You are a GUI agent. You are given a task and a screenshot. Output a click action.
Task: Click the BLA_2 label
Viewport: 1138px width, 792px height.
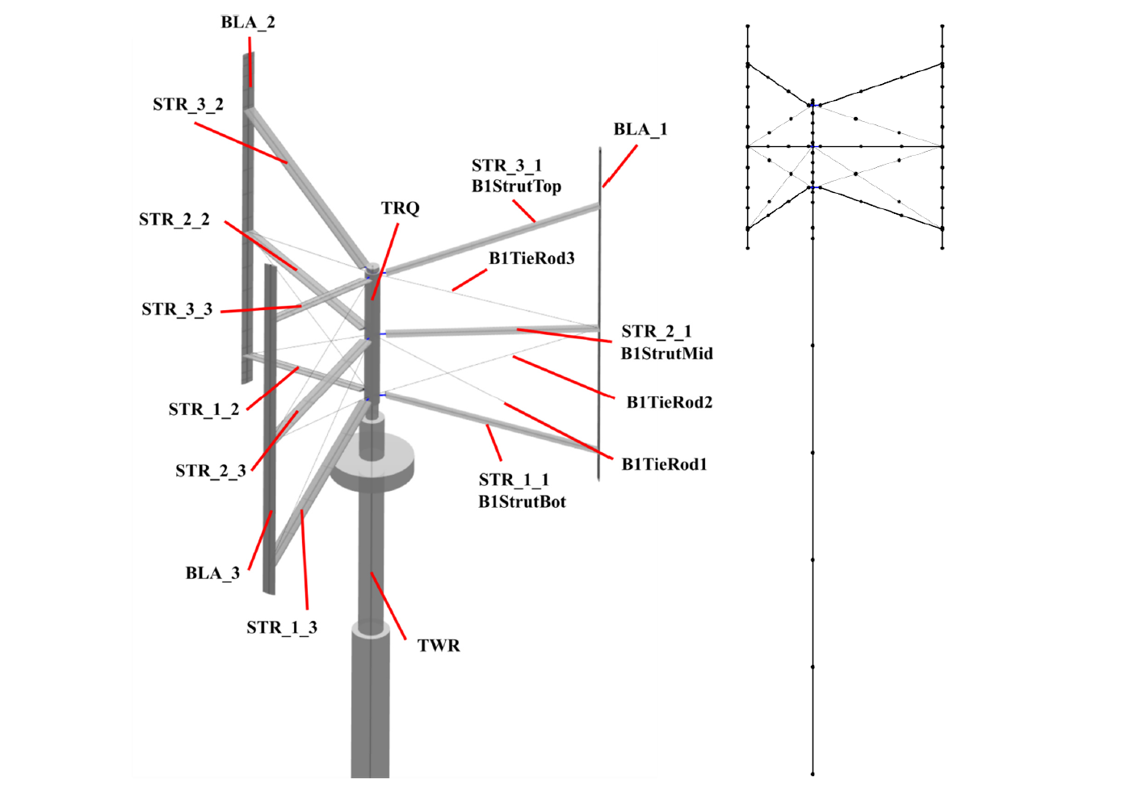click(248, 23)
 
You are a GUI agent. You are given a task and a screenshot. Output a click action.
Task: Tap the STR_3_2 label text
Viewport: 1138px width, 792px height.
click(188, 105)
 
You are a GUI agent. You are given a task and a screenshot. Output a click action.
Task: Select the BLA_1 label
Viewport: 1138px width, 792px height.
click(640, 130)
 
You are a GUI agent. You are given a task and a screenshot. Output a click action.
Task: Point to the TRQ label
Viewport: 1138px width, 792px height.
click(400, 208)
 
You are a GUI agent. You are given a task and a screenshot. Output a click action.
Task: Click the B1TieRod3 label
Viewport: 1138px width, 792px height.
click(531, 258)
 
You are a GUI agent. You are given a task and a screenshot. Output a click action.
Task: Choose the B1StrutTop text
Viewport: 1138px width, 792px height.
click(516, 186)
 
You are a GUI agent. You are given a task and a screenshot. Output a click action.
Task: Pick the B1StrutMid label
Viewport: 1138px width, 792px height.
click(666, 354)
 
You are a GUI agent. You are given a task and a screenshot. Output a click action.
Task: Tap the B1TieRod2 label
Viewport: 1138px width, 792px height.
click(669, 402)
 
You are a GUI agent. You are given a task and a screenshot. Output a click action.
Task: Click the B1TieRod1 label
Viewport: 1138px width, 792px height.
click(664, 464)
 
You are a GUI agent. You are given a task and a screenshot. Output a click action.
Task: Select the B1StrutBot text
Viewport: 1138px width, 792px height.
click(522, 502)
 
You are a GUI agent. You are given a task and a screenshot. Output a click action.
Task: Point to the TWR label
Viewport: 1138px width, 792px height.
click(439, 646)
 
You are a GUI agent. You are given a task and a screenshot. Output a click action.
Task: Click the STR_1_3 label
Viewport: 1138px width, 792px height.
click(282, 628)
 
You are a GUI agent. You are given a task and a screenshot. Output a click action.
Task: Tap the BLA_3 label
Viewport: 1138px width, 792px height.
click(212, 573)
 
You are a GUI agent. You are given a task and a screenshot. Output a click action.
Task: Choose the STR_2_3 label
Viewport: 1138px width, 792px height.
click(211, 471)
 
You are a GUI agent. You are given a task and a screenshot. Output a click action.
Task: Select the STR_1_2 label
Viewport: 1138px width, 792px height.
click(204, 409)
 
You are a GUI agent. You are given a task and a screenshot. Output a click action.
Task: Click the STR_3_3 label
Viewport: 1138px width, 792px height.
click(177, 309)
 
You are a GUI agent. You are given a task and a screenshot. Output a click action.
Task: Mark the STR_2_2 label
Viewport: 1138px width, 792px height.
click(174, 220)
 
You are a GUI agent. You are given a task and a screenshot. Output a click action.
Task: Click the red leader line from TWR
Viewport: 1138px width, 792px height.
click(388, 606)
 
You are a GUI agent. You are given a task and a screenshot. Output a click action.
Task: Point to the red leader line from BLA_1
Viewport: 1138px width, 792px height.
click(619, 166)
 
